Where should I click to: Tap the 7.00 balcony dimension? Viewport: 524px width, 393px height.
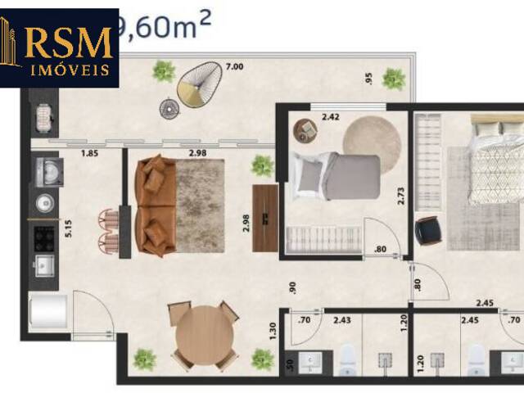(234, 66)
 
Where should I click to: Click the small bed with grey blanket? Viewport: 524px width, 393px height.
(336, 177)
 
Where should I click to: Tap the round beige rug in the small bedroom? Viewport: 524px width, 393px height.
(373, 136)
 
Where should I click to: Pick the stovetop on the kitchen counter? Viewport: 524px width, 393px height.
(43, 237)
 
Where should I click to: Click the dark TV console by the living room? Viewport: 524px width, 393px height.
(265, 218)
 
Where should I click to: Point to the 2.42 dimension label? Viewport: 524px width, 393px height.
(331, 118)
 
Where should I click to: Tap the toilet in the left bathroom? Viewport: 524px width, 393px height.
(348, 357)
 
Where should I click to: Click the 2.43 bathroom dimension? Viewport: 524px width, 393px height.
(342, 320)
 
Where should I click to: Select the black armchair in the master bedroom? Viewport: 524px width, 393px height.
(428, 232)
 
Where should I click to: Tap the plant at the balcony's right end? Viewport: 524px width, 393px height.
(394, 79)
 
